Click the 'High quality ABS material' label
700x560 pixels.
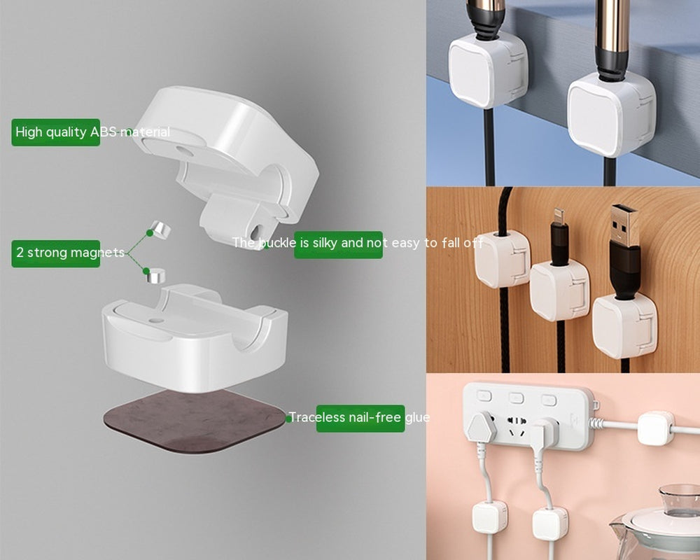(x=56, y=132)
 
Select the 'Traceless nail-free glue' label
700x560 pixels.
(x=360, y=418)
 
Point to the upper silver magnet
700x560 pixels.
(x=160, y=230)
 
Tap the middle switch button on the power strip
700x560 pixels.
(x=517, y=398)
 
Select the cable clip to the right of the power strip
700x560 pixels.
(x=656, y=428)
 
